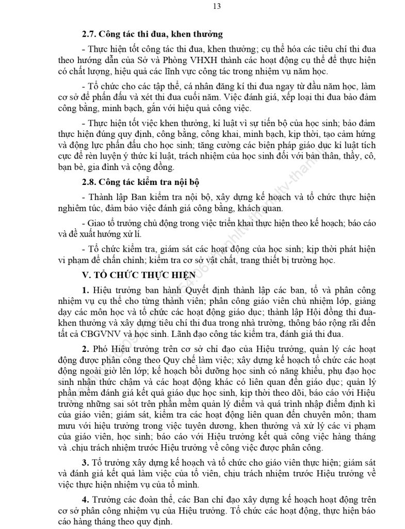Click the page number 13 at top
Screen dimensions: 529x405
(x=202, y=7)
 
